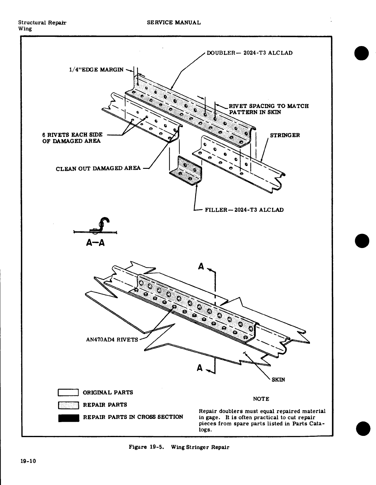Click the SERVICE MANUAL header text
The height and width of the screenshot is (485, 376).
(x=174, y=23)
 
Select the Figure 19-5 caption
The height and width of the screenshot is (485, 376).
(x=179, y=447)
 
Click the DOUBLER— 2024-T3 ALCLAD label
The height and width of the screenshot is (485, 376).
(x=249, y=53)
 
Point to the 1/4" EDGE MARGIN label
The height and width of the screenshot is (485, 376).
(x=96, y=69)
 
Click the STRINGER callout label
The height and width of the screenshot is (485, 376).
(x=285, y=135)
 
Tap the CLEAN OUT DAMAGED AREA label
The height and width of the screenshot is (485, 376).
(x=98, y=168)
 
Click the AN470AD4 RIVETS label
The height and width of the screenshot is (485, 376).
(x=112, y=340)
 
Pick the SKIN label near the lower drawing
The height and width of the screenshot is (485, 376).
(x=278, y=380)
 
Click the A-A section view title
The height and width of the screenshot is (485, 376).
(x=96, y=243)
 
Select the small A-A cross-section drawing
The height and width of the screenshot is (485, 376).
(x=96, y=227)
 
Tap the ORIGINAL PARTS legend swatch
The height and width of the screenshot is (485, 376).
(x=69, y=393)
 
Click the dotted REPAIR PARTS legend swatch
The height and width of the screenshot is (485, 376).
(x=69, y=405)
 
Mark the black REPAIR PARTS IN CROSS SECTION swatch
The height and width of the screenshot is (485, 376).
(x=69, y=417)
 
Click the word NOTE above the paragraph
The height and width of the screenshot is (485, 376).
(x=261, y=399)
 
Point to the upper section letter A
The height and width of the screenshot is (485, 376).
(x=201, y=266)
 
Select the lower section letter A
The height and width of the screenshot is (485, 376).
(x=200, y=368)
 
